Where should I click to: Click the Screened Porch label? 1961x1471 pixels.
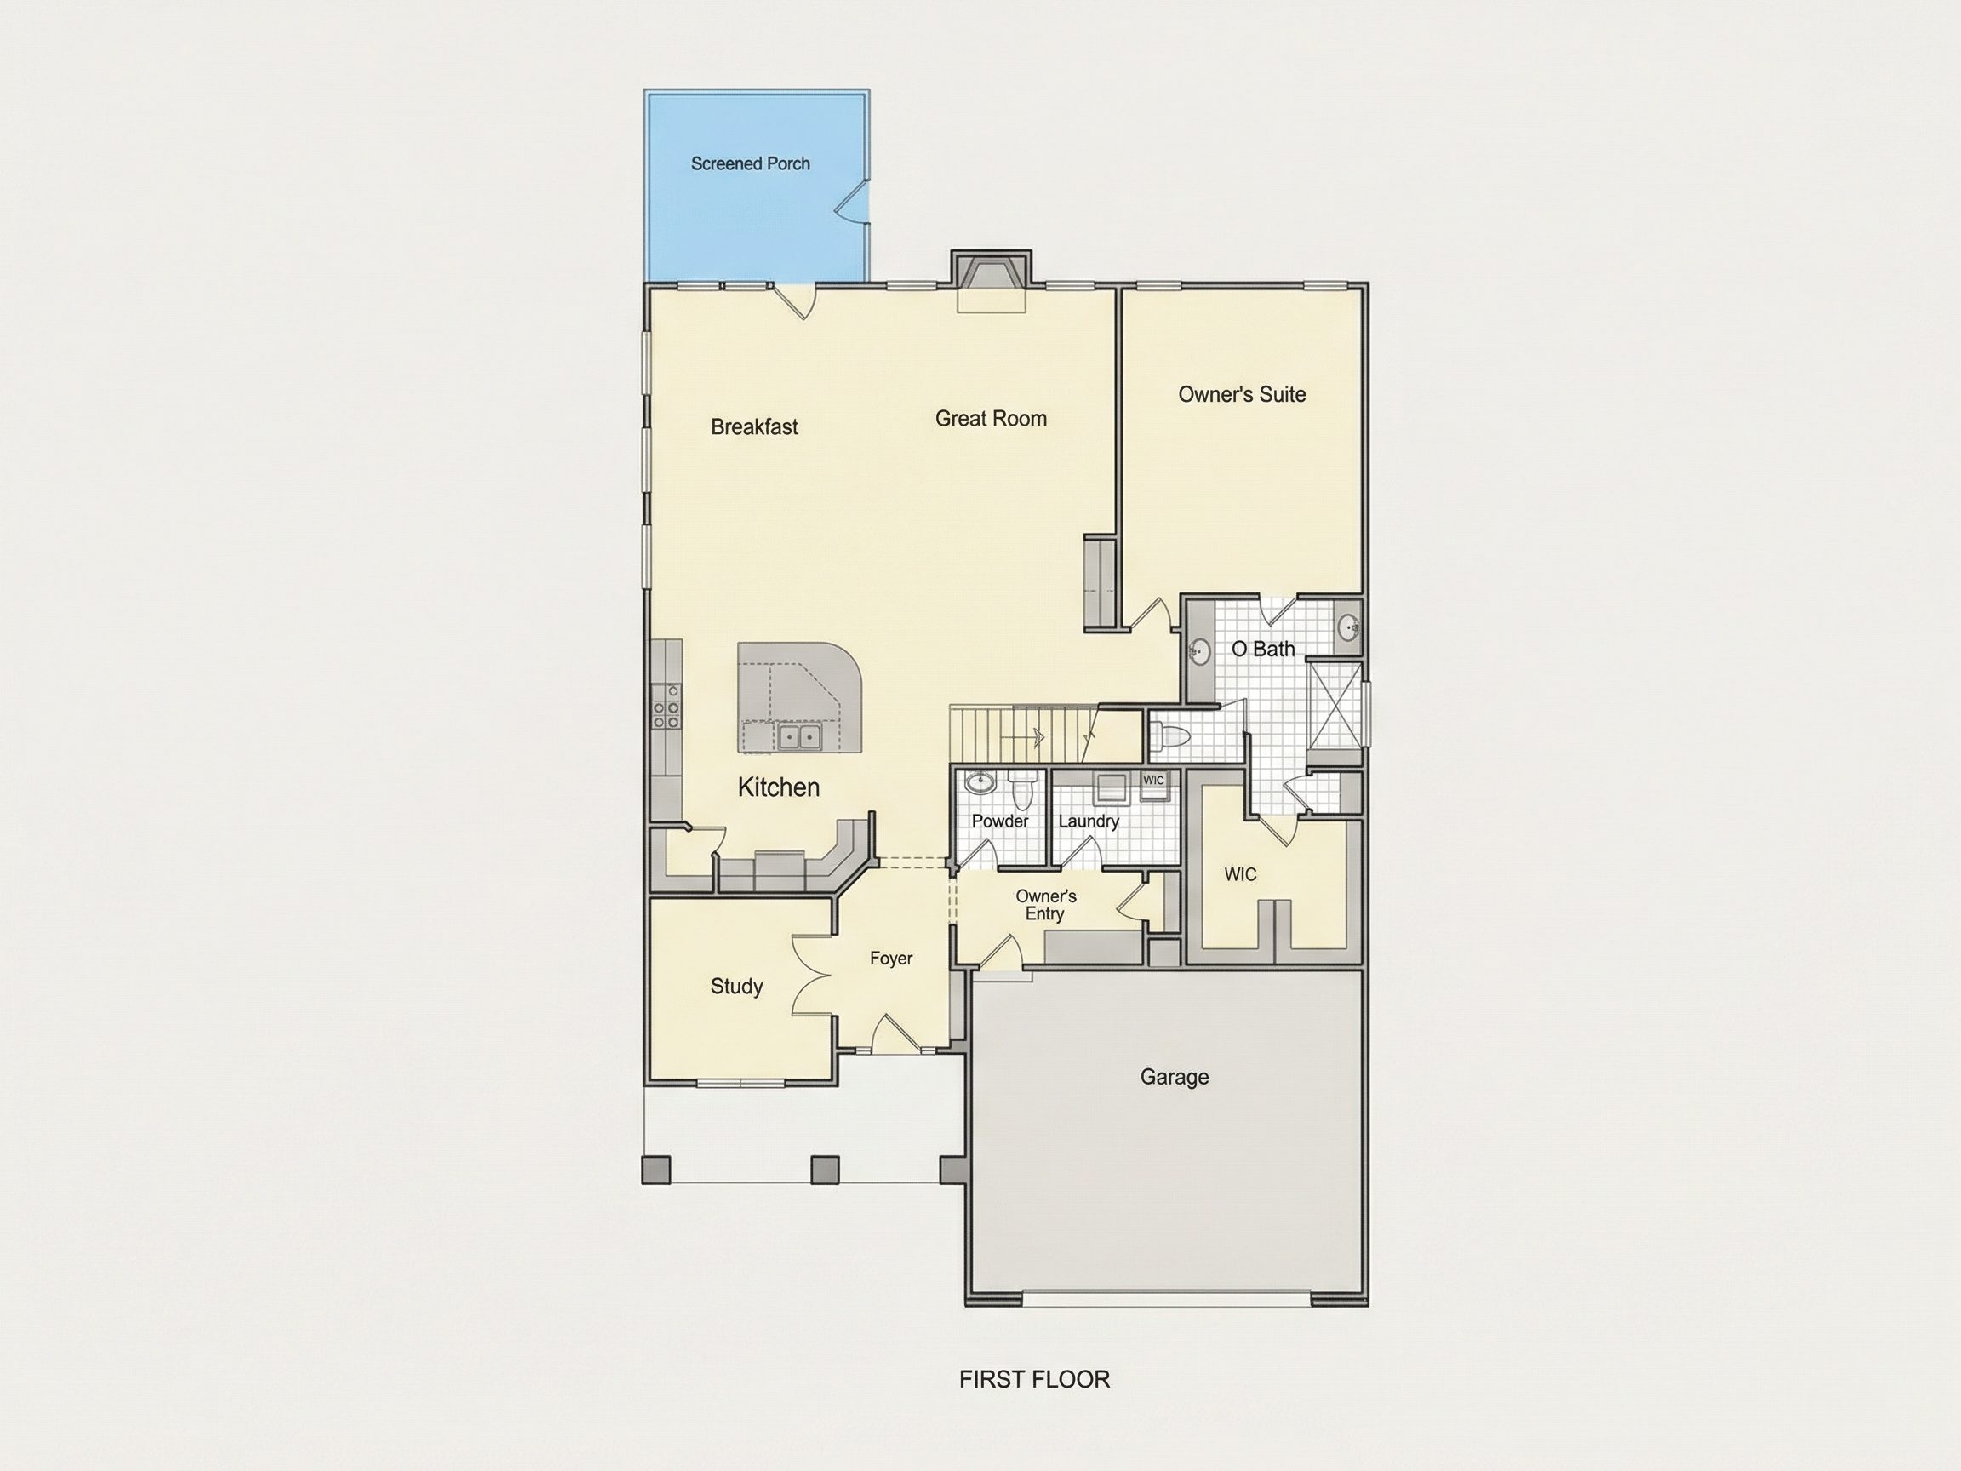(750, 164)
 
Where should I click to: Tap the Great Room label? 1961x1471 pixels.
(990, 419)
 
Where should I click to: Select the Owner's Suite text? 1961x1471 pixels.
(1241, 395)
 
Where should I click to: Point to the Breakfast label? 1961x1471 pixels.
(753, 427)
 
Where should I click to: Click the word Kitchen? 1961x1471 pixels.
(779, 787)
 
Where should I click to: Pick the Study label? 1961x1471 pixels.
(736, 987)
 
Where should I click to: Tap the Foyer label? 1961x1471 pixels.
(890, 959)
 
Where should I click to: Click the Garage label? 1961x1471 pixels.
(1174, 1078)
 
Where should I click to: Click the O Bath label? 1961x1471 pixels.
(1262, 649)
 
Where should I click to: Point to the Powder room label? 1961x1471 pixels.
(1000, 821)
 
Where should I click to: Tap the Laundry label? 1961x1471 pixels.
(1088, 822)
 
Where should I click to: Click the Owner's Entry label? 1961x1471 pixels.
(1045, 905)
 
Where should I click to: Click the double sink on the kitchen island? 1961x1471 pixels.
(798, 737)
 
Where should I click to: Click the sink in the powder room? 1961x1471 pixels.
(979, 783)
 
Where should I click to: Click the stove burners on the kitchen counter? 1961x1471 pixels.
(666, 707)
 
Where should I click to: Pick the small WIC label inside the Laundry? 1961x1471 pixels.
(1153, 781)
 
